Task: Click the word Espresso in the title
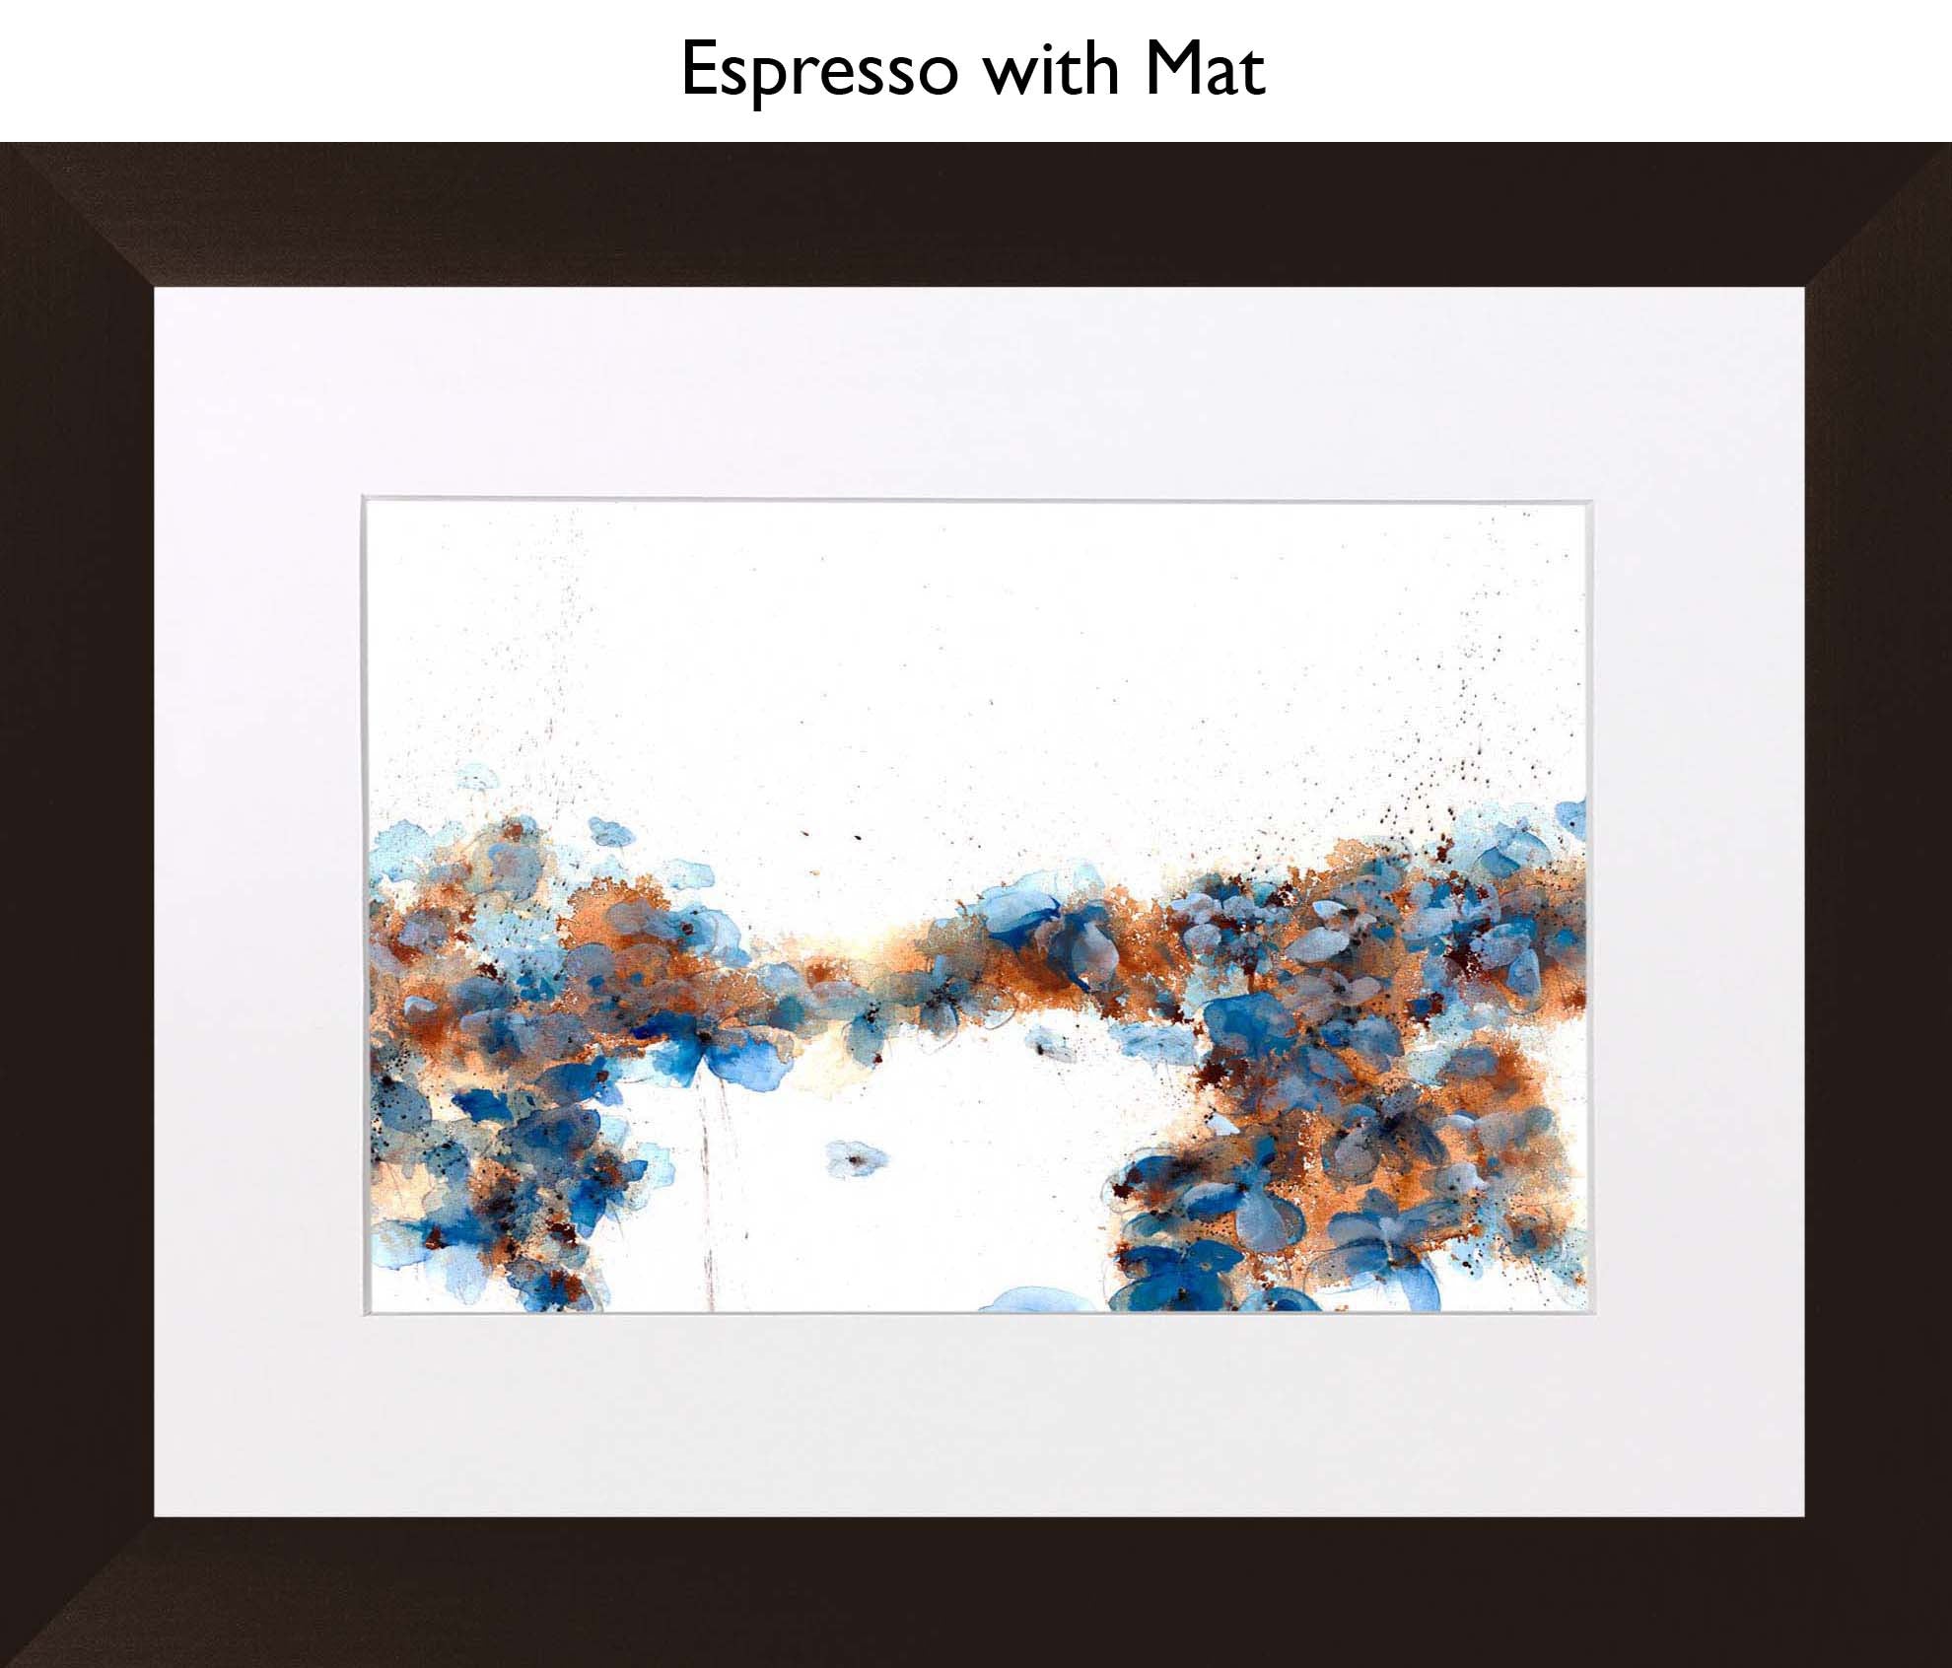pyautogui.click(x=818, y=71)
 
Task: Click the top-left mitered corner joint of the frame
pyautogui.click(x=79, y=217)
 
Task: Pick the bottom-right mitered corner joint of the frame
pyautogui.click(x=1878, y=1592)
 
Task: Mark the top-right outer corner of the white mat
pyautogui.click(x=1803, y=288)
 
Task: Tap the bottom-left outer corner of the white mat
pyautogui.click(x=155, y=1516)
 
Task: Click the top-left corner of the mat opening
pyautogui.click(x=364, y=499)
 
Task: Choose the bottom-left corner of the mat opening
pyautogui.click(x=364, y=1314)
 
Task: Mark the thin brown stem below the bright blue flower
pyautogui.click(x=708, y=1203)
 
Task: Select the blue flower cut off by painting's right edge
pyautogui.click(x=1571, y=818)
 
